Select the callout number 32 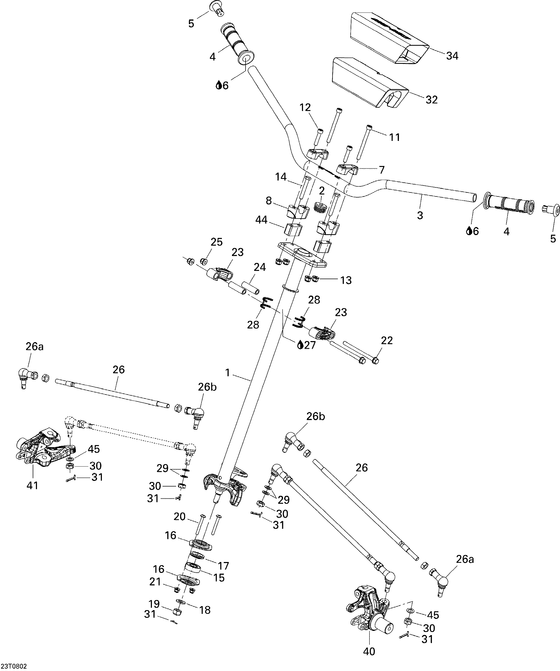tap(432, 100)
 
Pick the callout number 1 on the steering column tap(227, 372)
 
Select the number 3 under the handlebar tap(420, 215)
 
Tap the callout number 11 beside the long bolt tap(394, 137)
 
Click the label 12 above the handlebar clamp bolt tap(305, 108)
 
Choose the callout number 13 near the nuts tap(346, 280)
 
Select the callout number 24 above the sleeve tap(260, 267)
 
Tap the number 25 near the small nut tap(217, 242)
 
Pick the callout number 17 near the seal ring tap(223, 566)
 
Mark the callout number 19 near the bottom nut tap(154, 604)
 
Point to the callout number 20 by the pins tap(179, 517)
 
